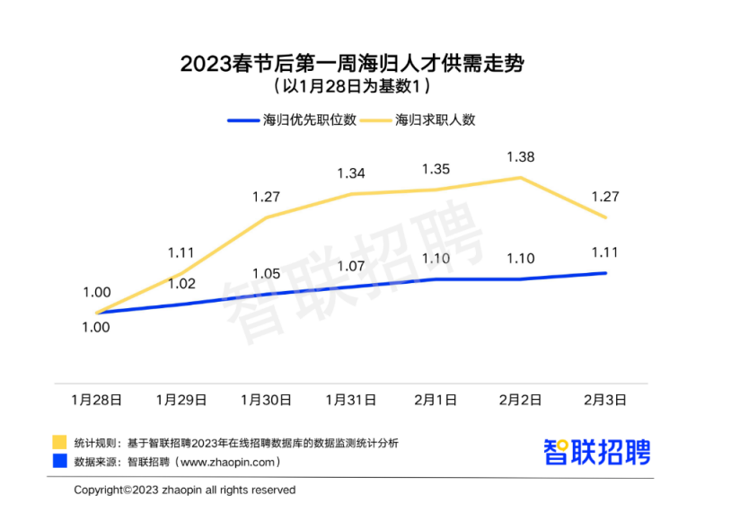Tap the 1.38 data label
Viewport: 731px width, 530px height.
(521, 157)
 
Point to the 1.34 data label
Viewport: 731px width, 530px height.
(350, 173)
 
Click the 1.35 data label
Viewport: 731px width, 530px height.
(436, 169)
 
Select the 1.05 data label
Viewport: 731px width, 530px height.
(267, 274)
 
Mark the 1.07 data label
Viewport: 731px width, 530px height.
(350, 266)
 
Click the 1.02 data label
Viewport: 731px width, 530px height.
(182, 283)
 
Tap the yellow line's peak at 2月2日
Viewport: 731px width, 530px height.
(521, 178)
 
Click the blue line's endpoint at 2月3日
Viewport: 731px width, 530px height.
(606, 273)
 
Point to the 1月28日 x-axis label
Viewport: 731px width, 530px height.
(97, 398)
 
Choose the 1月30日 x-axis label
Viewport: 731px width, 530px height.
(267, 398)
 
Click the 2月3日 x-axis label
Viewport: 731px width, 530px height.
(606, 398)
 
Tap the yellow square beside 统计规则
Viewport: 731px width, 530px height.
(59, 442)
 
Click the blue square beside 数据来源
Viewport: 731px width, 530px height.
(59, 461)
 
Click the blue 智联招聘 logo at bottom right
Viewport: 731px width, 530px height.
(597, 451)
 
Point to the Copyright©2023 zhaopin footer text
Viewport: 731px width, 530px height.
(184, 490)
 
